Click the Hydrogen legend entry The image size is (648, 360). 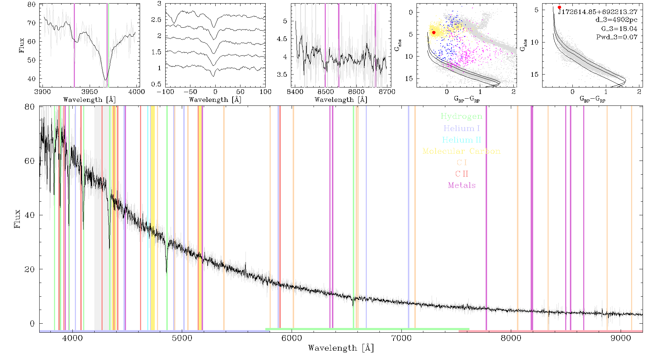pyautogui.click(x=462, y=116)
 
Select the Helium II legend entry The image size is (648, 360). pyautogui.click(x=462, y=140)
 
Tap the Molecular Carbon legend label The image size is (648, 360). pyautogui.click(x=462, y=151)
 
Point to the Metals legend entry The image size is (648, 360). pyautogui.click(x=462, y=185)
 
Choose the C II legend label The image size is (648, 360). pyautogui.click(x=462, y=174)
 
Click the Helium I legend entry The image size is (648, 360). pyautogui.click(x=462, y=128)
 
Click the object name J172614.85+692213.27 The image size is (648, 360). pyautogui.click(x=598, y=12)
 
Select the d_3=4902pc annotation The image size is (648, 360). pyautogui.click(x=616, y=20)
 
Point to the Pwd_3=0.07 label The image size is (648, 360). pyautogui.click(x=617, y=37)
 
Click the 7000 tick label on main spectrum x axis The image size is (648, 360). pyautogui.click(x=401, y=338)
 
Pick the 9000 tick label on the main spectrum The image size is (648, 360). pyautogui.click(x=621, y=338)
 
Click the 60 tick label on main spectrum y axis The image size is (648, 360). pyautogui.click(x=30, y=161)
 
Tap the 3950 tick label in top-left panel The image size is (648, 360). pyautogui.click(x=90, y=91)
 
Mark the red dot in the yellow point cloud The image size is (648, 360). pyautogui.click(x=434, y=32)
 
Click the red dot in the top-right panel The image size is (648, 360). pyautogui.click(x=559, y=7)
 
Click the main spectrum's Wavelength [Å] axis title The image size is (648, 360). pyautogui.click(x=341, y=348)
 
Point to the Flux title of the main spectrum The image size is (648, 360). pyautogui.click(x=17, y=219)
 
